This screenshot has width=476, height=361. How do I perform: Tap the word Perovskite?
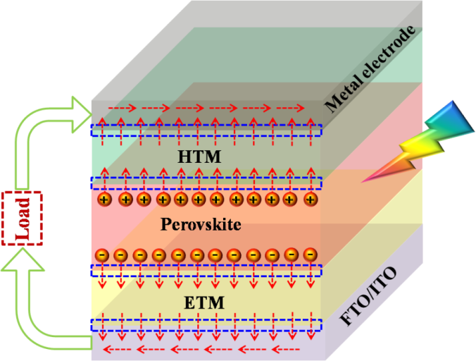coord(201,226)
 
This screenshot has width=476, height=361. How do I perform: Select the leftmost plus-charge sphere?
coord(105,200)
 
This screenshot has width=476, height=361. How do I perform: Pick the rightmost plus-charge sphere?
coord(309,200)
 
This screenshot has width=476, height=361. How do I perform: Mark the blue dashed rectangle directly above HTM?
coord(206,130)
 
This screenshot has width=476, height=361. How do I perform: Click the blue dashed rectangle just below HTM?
coord(206,183)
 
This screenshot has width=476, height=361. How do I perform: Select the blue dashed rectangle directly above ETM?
coord(206,271)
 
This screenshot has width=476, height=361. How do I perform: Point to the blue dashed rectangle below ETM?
coord(206,325)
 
